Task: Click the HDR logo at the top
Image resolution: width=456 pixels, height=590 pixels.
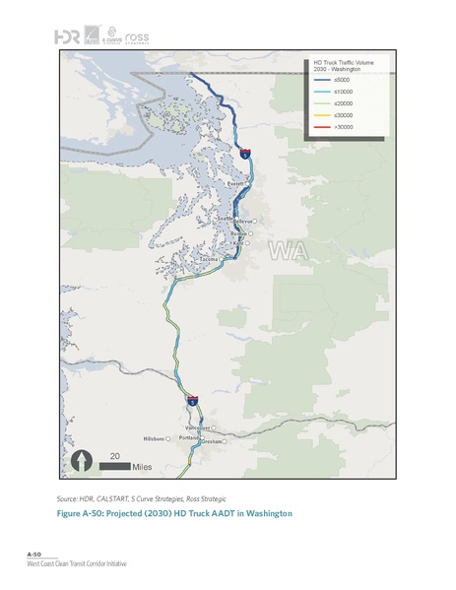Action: coord(67,36)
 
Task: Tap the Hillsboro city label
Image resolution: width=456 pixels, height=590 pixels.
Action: coord(156,437)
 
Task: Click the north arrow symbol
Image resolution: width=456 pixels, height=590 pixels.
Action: coord(80,461)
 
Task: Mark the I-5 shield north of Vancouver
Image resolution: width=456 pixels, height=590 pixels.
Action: coord(192,401)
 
